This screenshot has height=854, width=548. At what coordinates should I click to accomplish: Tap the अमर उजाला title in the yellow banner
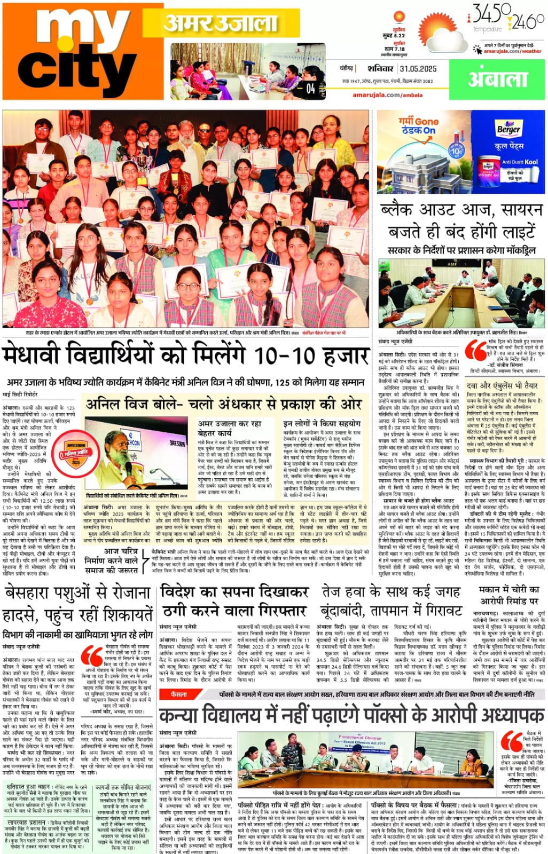point(220,22)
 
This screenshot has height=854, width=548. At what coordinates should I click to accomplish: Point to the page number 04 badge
point(310,89)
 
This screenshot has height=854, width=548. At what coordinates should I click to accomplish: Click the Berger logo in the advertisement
point(508,129)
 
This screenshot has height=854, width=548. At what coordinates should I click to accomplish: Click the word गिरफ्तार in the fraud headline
point(273,610)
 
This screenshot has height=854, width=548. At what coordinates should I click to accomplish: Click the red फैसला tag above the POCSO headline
point(179,694)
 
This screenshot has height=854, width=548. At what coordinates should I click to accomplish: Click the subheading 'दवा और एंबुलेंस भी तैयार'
point(502,385)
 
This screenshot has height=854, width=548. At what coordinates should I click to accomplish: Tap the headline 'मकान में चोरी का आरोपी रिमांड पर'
point(509,595)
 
